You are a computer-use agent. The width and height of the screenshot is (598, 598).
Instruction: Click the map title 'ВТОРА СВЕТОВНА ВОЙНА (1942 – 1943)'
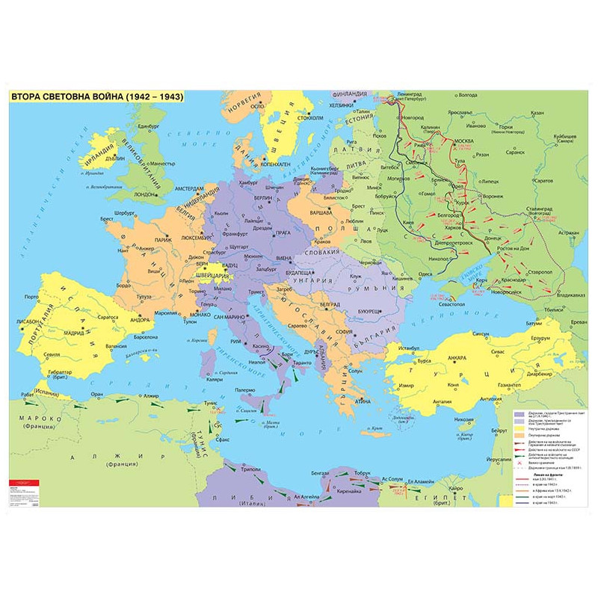pyautogui.click(x=96, y=97)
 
